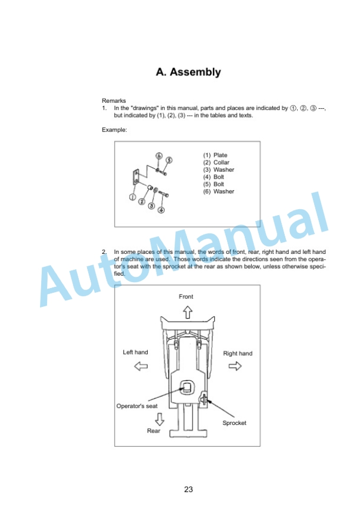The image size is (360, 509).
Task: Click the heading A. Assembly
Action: click(x=188, y=72)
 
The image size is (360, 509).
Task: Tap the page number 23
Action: click(x=188, y=489)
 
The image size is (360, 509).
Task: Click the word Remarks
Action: click(x=114, y=101)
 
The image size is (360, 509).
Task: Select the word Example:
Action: click(x=114, y=130)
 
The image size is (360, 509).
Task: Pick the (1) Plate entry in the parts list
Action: click(x=215, y=155)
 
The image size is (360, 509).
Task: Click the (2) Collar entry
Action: click(x=216, y=162)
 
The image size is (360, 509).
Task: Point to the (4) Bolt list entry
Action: click(x=214, y=177)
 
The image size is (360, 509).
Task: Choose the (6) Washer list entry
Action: click(x=219, y=192)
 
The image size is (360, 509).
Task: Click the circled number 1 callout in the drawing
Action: click(x=132, y=197)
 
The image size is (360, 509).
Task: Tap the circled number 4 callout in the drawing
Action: click(x=161, y=210)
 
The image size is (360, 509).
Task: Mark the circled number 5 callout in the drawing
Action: click(x=169, y=160)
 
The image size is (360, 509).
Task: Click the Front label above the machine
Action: click(x=186, y=297)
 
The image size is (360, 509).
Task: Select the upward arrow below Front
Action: click(x=188, y=313)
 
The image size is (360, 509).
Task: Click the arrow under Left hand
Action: click(x=141, y=367)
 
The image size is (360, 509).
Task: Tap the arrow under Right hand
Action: click(x=235, y=367)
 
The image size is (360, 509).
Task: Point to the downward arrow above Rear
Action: click(x=159, y=419)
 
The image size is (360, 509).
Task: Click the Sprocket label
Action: click(x=234, y=423)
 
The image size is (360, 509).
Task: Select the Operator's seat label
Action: click(x=137, y=406)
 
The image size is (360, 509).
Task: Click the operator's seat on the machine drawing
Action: click(x=187, y=387)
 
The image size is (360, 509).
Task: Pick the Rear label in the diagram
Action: click(x=154, y=431)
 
